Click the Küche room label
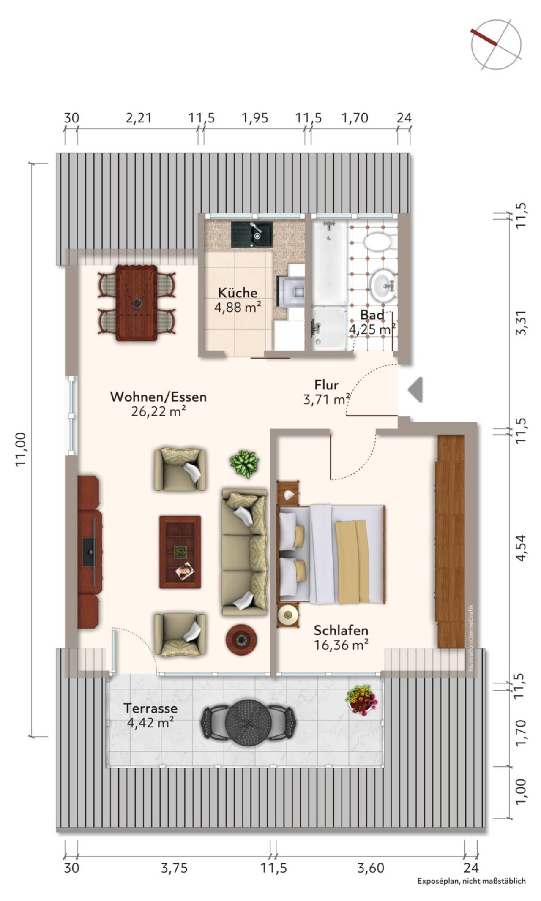tap(238, 292)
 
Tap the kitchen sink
tap(252, 234)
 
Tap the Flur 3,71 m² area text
tap(326, 399)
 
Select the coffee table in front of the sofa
tap(180, 552)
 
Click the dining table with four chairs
tap(137, 302)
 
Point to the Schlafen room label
tap(341, 630)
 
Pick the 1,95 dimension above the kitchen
tap(255, 118)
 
